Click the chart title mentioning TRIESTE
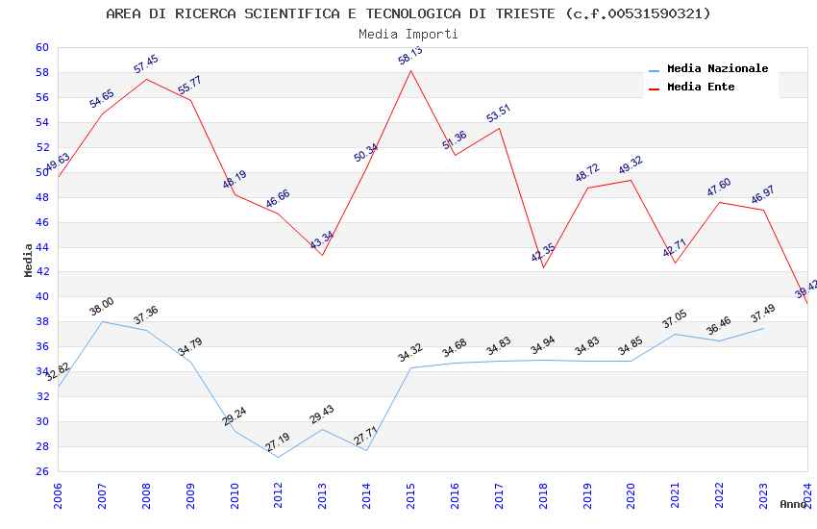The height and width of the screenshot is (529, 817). tap(408, 13)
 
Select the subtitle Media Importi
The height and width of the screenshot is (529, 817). tap(408, 34)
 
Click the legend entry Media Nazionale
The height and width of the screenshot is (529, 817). tap(717, 68)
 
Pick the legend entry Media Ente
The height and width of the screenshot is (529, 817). tap(701, 87)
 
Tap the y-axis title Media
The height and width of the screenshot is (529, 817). tap(29, 260)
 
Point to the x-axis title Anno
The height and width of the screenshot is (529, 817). tap(793, 504)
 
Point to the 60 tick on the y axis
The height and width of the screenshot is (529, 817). tap(41, 47)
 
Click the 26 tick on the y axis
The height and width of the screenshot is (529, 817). tap(41, 471)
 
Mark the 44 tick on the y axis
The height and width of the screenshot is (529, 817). tap(41, 247)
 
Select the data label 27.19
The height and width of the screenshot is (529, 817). tap(277, 442)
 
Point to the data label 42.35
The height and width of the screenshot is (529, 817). tap(543, 253)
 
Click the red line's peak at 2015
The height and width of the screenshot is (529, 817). tap(410, 70)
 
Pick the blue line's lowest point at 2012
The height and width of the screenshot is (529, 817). tap(278, 457)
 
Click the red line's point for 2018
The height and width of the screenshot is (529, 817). tap(543, 267)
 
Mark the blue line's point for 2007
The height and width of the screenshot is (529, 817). tap(103, 321)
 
